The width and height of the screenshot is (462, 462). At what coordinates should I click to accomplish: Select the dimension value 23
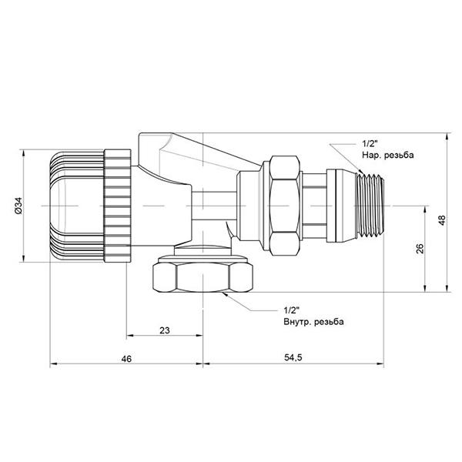click(163, 330)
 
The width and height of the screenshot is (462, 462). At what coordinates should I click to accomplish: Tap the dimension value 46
click(126, 360)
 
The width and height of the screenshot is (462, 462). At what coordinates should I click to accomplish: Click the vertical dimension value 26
click(420, 249)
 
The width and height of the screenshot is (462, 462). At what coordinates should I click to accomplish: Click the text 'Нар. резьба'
click(387, 156)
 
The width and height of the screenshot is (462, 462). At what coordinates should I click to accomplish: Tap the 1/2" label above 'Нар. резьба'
click(368, 144)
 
